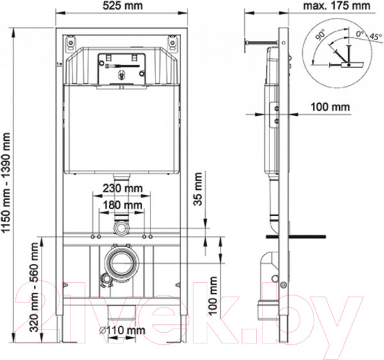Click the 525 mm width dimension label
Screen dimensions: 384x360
[122, 6]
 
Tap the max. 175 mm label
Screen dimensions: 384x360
[337, 6]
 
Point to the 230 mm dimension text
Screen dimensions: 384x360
[122, 189]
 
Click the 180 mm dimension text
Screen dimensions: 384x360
[122, 205]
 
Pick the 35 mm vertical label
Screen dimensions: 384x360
[198, 189]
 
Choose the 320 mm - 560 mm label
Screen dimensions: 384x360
[35, 287]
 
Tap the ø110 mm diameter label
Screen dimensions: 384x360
[122, 331]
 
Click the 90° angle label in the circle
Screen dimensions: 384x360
[320, 35]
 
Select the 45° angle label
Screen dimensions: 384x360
[376, 36]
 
